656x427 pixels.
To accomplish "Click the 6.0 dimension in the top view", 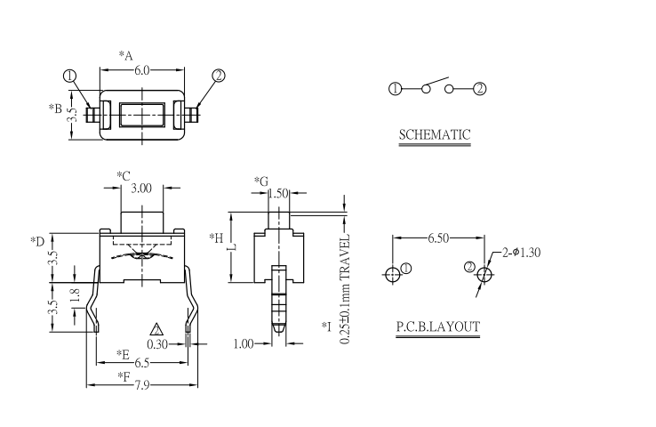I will tap(142, 70).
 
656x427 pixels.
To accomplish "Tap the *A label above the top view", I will tap(126, 56).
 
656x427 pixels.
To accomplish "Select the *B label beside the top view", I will tap(55, 109).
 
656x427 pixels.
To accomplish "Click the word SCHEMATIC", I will tap(435, 136).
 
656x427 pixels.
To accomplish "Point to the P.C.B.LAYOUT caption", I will tap(437, 327).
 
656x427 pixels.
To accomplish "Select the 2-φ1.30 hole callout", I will tap(522, 253).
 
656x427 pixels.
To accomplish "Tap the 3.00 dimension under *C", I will tap(141, 189).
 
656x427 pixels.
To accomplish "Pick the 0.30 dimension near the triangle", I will tap(157, 343).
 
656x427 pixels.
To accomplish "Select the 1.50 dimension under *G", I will tap(277, 193).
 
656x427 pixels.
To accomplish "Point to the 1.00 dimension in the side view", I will tap(244, 343).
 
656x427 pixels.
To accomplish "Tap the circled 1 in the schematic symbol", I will tap(396, 88).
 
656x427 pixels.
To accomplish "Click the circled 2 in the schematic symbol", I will tap(480, 88).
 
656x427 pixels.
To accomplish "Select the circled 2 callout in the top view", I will tap(219, 77).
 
